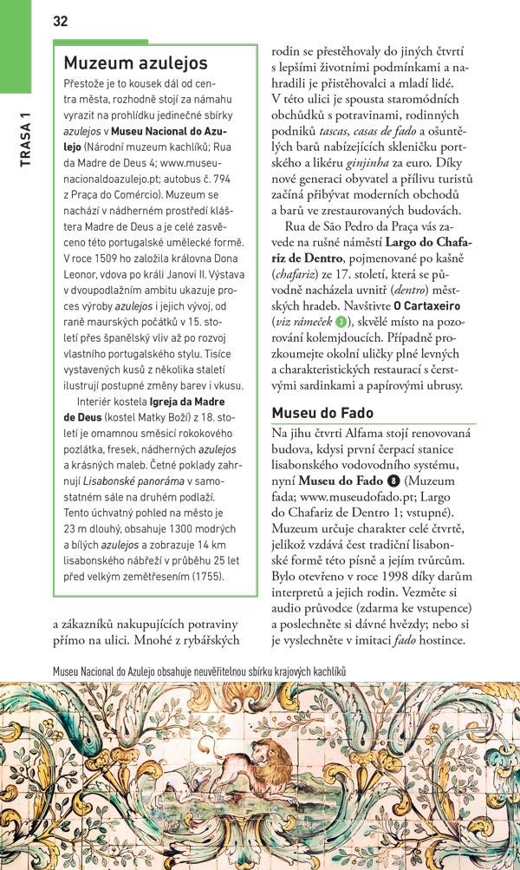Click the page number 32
pos(60,21)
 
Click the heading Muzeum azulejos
pos(136,63)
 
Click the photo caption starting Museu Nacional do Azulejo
pos(199,671)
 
